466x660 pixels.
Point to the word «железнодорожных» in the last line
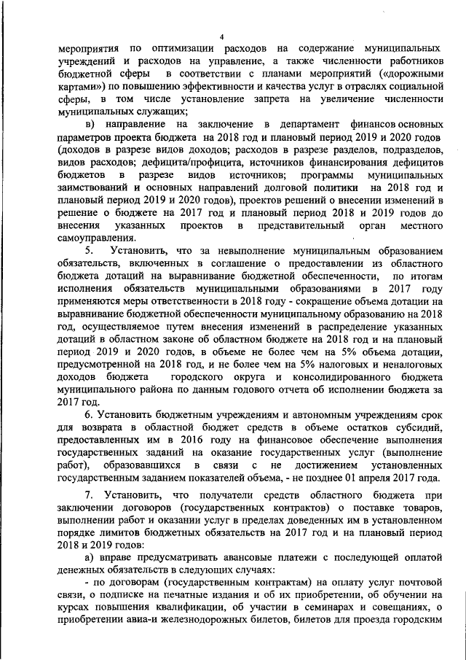pyautogui.click(x=242, y=621)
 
